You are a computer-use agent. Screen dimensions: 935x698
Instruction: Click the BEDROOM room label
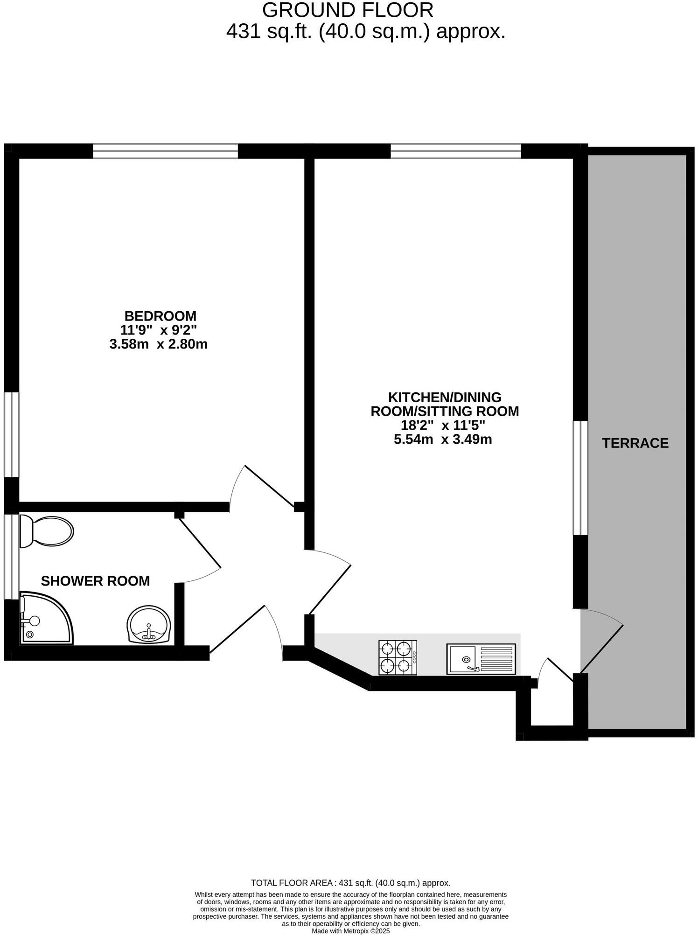[x=160, y=316]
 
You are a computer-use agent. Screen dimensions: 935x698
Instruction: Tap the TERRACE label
[x=635, y=443]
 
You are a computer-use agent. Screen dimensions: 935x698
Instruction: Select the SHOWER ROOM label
[x=95, y=581]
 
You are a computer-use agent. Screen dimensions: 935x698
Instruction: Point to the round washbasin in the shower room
[x=149, y=625]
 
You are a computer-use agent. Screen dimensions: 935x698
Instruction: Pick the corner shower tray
[x=45, y=619]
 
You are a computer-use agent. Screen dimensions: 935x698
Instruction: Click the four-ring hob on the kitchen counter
[x=398, y=658]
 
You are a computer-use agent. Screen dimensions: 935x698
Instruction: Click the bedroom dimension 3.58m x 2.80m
[x=158, y=344]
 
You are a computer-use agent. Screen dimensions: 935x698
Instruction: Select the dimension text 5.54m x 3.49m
[x=443, y=439]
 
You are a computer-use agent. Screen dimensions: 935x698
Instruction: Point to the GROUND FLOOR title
[x=348, y=10]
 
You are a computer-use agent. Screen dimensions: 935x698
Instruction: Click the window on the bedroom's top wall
[x=165, y=151]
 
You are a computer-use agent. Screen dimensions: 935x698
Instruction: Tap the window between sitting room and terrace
[x=580, y=478]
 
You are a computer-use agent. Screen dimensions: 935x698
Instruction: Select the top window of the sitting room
[x=455, y=151]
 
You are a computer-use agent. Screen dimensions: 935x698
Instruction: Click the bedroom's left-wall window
[x=12, y=434]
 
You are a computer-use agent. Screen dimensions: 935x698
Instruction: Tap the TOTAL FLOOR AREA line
[x=350, y=883]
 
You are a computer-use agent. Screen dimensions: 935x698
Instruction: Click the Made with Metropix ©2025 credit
[x=350, y=931]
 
